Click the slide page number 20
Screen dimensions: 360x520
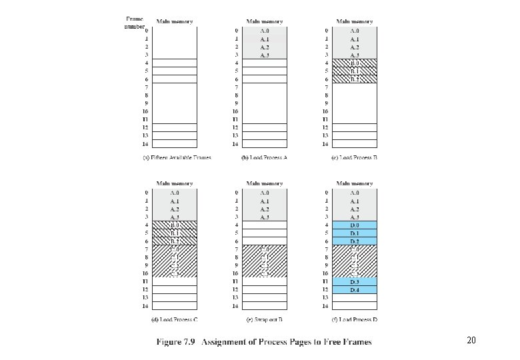tap(471, 341)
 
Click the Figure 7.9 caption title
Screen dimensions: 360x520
tap(264, 342)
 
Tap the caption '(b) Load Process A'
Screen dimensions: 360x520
tap(264, 158)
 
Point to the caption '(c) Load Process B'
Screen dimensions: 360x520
tap(354, 158)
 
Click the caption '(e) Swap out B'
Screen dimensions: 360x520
tap(264, 320)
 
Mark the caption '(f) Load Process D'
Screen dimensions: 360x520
tap(354, 320)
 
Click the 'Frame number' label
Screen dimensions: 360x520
tap(135, 23)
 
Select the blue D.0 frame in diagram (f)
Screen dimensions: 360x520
tap(355, 225)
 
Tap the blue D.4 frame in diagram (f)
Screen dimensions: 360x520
tap(355, 290)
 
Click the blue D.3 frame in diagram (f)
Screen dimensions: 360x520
tap(355, 282)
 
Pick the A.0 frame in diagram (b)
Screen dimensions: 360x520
tap(265, 31)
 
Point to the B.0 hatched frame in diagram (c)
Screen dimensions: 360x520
tap(355, 63)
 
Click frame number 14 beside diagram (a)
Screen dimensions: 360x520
tap(145, 144)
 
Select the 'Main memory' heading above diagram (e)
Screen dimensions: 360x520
tap(265, 183)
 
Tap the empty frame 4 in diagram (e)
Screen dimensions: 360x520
tap(265, 225)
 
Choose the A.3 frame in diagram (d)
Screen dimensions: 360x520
tap(175, 217)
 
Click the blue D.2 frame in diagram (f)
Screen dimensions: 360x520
tap(355, 241)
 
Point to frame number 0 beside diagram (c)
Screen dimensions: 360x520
tap(326, 31)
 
